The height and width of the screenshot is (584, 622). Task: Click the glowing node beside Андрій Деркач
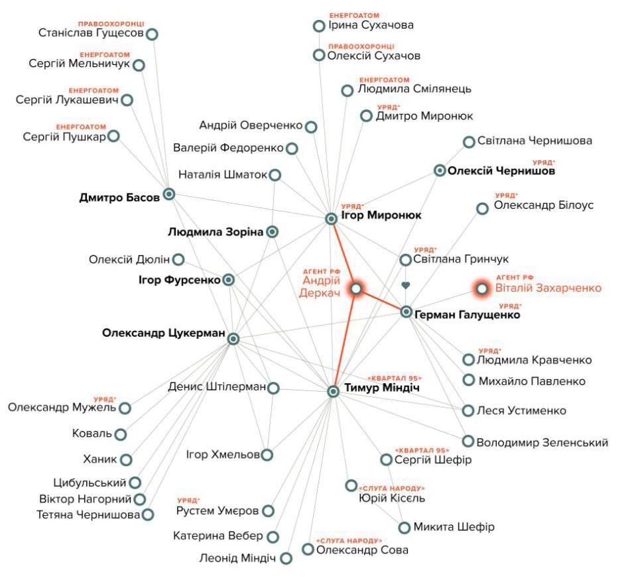click(x=356, y=289)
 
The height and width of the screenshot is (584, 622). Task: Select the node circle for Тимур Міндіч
click(x=334, y=391)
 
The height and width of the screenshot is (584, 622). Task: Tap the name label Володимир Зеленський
click(x=542, y=442)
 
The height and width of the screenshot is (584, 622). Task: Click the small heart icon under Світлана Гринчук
click(x=406, y=286)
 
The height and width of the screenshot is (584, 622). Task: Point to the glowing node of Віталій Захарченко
click(x=482, y=288)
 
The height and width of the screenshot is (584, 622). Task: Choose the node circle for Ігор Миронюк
click(x=332, y=219)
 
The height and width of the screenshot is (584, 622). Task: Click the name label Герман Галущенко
click(x=467, y=316)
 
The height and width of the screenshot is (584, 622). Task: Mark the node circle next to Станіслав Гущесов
click(x=152, y=34)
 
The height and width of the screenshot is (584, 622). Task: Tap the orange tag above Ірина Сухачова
click(x=354, y=15)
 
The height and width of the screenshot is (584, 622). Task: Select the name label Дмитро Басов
click(x=119, y=197)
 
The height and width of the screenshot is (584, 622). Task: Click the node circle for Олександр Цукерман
click(x=233, y=339)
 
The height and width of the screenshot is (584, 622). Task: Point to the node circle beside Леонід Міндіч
click(x=286, y=558)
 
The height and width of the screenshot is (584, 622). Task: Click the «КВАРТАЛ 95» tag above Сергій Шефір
click(x=418, y=450)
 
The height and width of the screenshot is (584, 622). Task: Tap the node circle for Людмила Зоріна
click(x=271, y=232)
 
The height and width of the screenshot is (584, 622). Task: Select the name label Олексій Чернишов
click(x=501, y=172)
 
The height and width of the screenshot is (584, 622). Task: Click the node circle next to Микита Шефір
click(x=404, y=528)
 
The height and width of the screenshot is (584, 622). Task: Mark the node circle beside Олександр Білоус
click(x=483, y=208)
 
